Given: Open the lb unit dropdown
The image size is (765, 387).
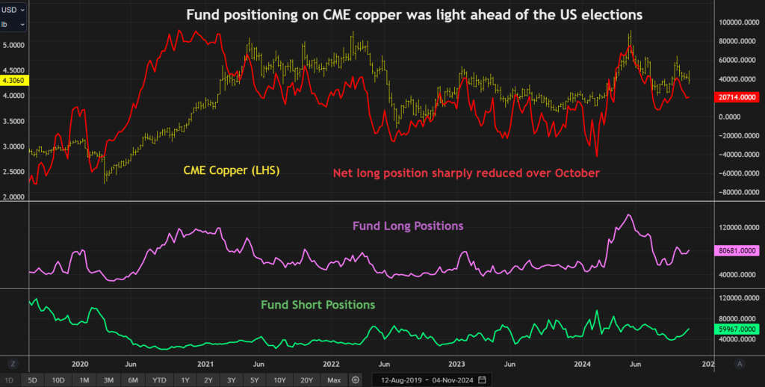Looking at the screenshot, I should pyautogui.click(x=14, y=25).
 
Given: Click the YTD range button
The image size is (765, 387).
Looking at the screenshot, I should pyautogui.click(x=159, y=380).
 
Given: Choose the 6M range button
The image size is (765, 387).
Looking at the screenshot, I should pyautogui.click(x=133, y=380).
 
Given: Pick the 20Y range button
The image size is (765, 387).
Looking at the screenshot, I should pyautogui.click(x=306, y=380).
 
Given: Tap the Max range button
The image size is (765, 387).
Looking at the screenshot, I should pyautogui.click(x=334, y=380).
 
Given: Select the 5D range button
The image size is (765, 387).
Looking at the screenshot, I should pyautogui.click(x=33, y=380).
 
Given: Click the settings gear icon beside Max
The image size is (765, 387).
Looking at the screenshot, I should pyautogui.click(x=355, y=380).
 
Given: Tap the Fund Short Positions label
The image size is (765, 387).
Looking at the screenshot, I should pyautogui.click(x=318, y=305).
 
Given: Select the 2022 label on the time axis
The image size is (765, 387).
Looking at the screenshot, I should pyautogui.click(x=332, y=364).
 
